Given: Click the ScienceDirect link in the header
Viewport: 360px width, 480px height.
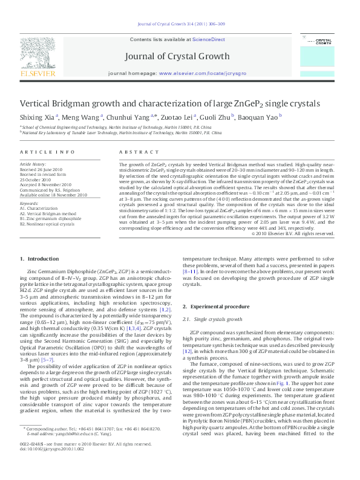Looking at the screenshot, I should point(209,39).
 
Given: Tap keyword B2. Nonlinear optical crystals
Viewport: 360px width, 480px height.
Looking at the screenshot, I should point(53,224).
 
